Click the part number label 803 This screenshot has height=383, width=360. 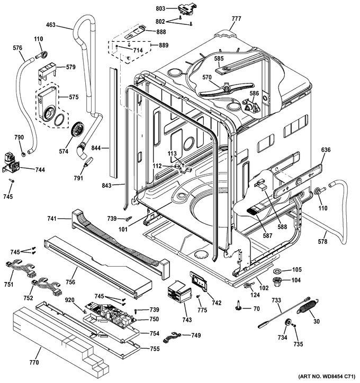click(160, 8)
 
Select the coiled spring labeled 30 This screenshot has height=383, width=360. click(308, 306)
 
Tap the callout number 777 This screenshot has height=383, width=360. click(236, 19)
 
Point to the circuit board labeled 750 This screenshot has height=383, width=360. click(111, 314)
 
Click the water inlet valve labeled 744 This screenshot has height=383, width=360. click(11, 163)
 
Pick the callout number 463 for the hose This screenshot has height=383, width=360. click(51, 25)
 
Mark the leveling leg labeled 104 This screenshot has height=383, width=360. click(277, 282)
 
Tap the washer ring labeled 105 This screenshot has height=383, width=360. click(277, 271)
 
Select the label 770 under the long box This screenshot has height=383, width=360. click(34, 362)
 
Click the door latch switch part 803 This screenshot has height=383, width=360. click(185, 10)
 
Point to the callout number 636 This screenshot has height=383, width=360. click(326, 150)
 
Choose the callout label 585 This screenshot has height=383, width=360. click(219, 58)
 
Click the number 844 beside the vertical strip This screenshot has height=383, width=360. click(96, 148)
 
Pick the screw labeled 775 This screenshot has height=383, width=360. click(199, 296)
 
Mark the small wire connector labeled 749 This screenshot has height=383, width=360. click(172, 337)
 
